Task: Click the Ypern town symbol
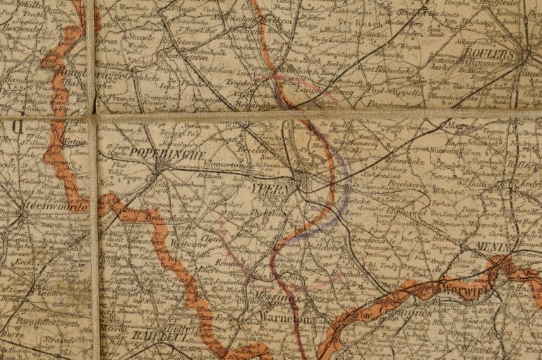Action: point(301,182)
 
